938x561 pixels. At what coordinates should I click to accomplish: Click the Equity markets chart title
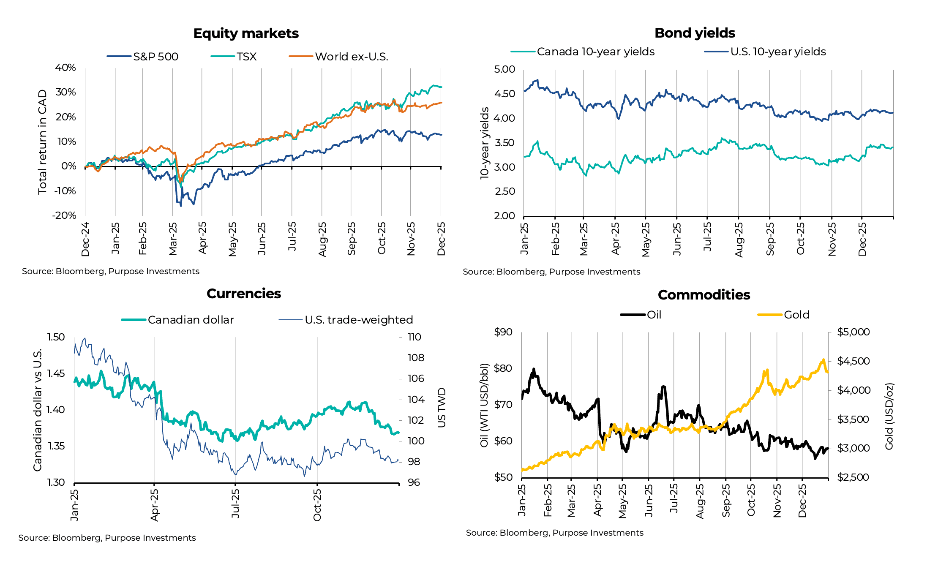(246, 33)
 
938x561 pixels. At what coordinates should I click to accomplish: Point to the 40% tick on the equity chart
(65, 68)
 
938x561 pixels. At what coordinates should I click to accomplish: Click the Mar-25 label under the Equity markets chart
(173, 239)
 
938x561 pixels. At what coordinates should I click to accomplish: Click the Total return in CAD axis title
(42, 142)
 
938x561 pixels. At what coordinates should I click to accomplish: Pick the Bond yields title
(695, 33)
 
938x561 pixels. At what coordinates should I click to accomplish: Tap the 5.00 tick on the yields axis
(504, 69)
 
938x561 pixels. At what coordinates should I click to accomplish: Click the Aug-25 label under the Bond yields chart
(739, 240)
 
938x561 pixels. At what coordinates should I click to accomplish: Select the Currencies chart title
(244, 294)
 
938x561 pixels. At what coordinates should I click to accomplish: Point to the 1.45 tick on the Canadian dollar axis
(56, 373)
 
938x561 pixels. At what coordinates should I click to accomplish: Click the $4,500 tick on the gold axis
(853, 361)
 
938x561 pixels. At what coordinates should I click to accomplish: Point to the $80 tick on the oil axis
(503, 368)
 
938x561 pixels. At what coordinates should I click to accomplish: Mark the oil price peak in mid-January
(534, 369)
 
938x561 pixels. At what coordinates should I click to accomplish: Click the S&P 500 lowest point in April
(181, 206)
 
